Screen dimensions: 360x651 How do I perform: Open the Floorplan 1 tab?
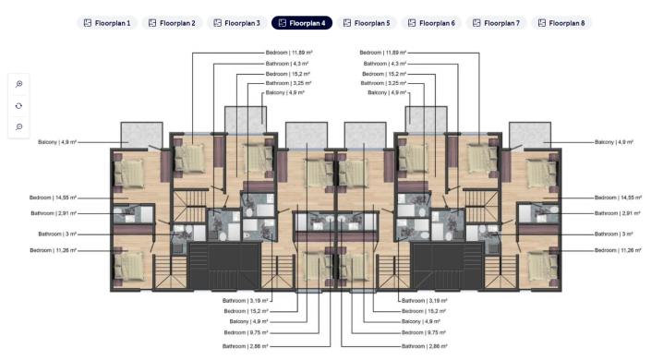click(x=108, y=22)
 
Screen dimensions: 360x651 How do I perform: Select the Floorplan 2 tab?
click(x=173, y=22)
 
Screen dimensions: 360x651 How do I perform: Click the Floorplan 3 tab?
click(x=237, y=22)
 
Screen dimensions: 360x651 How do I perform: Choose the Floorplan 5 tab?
click(x=367, y=22)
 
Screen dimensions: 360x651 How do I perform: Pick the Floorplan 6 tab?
click(x=431, y=22)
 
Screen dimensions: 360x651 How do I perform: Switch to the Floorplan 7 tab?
click(x=497, y=22)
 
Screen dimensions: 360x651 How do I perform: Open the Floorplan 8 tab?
click(x=561, y=22)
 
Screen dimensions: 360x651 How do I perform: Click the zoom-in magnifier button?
click(x=19, y=84)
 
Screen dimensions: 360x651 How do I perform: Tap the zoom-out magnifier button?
click(x=19, y=126)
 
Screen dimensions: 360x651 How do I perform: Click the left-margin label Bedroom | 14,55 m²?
click(x=52, y=198)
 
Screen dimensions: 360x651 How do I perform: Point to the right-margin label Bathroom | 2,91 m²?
click(x=619, y=212)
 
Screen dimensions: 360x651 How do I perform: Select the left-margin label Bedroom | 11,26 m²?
click(x=52, y=250)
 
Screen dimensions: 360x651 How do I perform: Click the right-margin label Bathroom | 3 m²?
click(x=613, y=234)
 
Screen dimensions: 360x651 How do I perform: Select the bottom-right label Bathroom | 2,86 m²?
click(x=424, y=346)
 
